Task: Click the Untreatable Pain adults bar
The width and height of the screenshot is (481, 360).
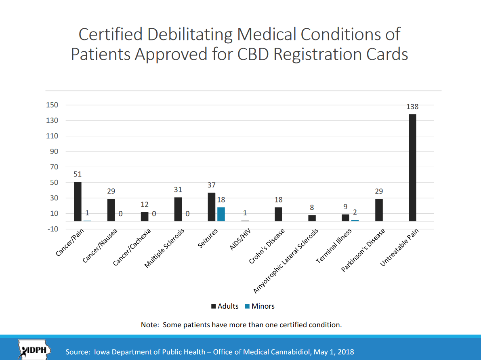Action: (x=412, y=168)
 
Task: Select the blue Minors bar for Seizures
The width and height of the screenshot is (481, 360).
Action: (x=221, y=214)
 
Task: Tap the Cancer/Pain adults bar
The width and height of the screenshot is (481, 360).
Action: (x=78, y=201)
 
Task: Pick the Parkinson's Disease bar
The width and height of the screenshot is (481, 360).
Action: (x=379, y=210)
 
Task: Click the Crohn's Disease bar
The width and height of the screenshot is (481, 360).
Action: (x=278, y=214)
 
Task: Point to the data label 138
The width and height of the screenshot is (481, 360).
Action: (x=412, y=107)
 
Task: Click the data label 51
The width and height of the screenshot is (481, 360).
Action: (x=78, y=175)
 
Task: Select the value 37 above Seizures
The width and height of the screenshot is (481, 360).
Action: (x=212, y=185)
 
